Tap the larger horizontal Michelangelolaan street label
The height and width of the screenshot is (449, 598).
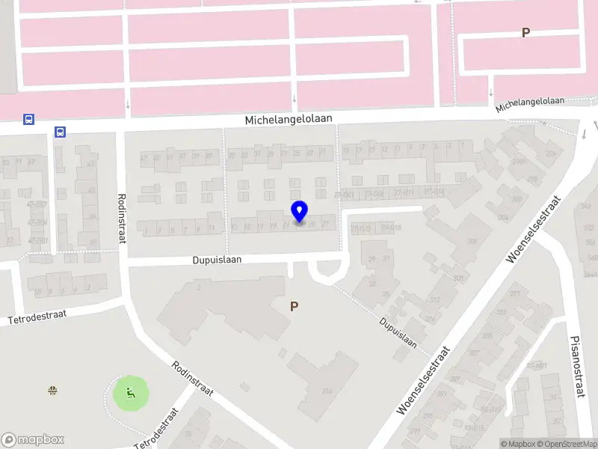pyautogui.click(x=289, y=119)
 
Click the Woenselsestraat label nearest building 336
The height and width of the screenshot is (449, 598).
pyautogui.click(x=423, y=382)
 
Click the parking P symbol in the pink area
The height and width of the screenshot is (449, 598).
pyautogui.click(x=525, y=33)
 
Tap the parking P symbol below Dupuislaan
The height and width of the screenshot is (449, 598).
pyautogui.click(x=295, y=306)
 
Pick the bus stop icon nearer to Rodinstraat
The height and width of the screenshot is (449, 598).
pyautogui.click(x=60, y=132)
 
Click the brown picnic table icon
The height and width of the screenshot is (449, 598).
pyautogui.click(x=52, y=389)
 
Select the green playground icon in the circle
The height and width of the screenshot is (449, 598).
pyautogui.click(x=131, y=391)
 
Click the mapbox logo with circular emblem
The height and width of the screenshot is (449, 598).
pyautogui.click(x=32, y=440)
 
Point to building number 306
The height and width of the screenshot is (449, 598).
pyautogui.click(x=472, y=242)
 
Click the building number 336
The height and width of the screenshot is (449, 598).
pyautogui.click(x=326, y=391)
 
